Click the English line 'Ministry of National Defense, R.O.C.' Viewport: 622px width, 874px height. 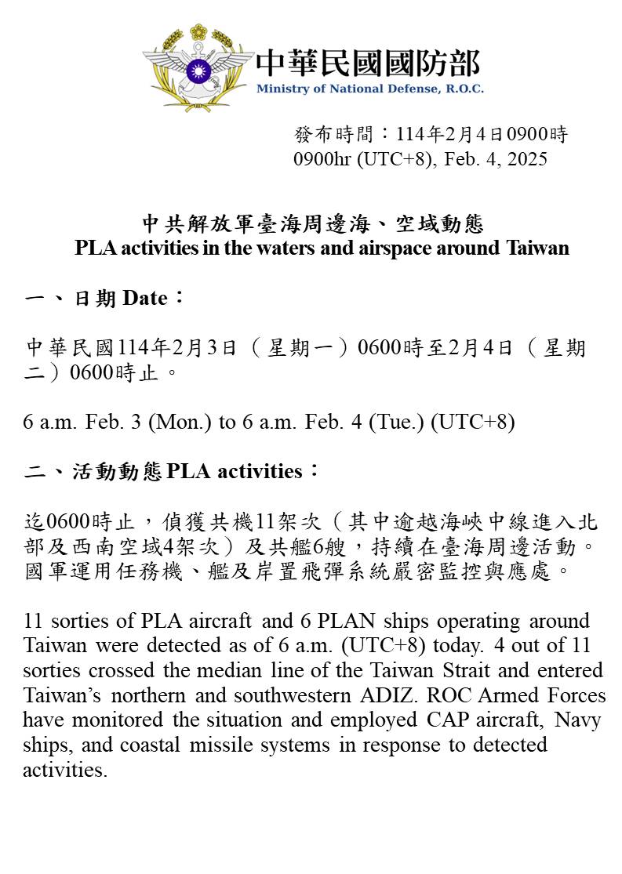369,89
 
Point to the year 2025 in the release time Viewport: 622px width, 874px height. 526,159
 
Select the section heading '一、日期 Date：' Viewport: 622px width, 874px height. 104,299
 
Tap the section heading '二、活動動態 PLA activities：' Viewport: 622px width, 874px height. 173,471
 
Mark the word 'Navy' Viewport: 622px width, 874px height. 579,720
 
